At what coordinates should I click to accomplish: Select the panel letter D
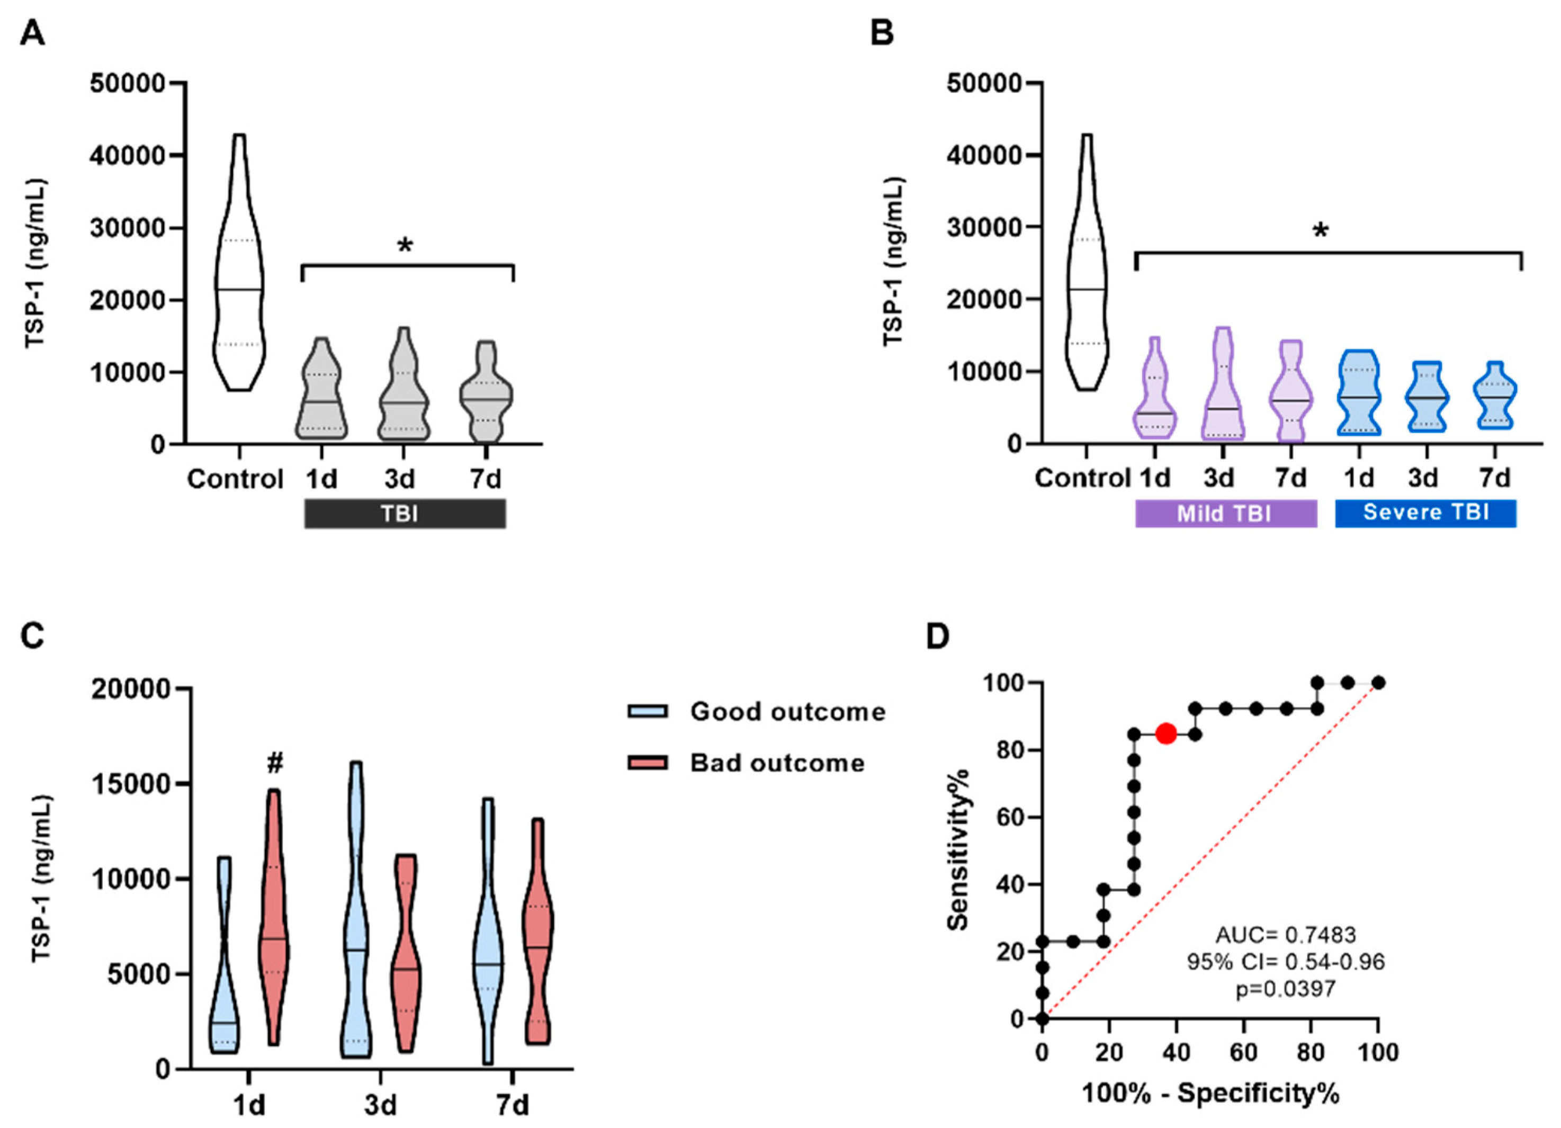click(937, 637)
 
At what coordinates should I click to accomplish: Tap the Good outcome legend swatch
click(647, 711)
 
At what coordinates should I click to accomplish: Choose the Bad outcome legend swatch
click(647, 763)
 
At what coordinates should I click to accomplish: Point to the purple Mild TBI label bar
click(1225, 513)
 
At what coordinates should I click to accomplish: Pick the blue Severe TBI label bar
click(1425, 513)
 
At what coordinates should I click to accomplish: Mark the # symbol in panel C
click(275, 763)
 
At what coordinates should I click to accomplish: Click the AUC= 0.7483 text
click(1285, 935)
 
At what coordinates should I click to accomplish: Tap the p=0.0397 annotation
click(1285, 989)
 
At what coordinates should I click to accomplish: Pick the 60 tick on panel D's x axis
click(1243, 1052)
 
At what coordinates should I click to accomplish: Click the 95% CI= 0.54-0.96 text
click(1285, 962)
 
